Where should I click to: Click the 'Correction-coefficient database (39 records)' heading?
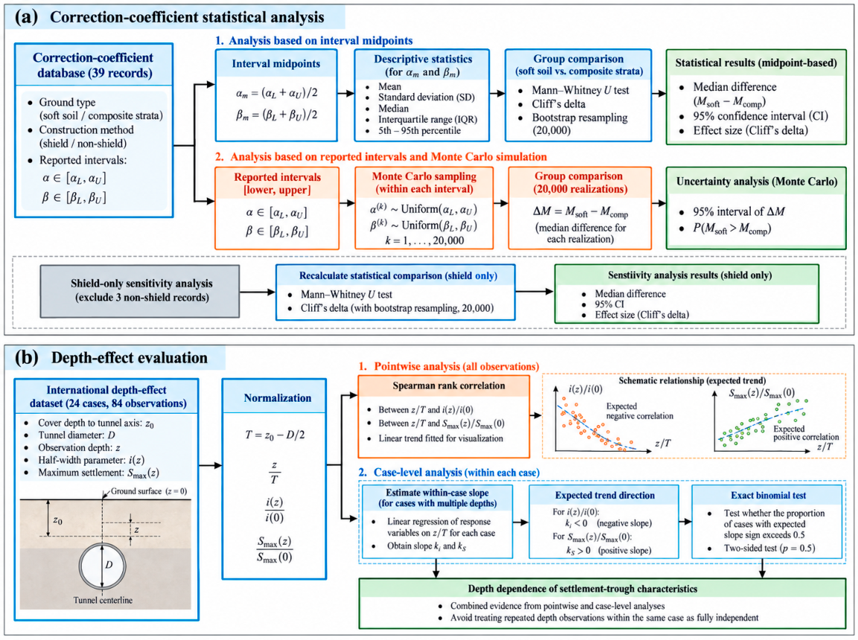(x=93, y=65)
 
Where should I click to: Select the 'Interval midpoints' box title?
(x=276, y=63)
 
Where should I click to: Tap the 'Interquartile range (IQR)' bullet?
(x=428, y=119)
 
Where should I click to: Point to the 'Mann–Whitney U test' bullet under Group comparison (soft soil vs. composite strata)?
(x=580, y=90)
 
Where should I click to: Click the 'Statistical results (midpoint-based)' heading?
(x=756, y=63)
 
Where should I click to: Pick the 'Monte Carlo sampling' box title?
(x=424, y=176)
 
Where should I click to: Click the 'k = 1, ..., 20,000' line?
(x=424, y=240)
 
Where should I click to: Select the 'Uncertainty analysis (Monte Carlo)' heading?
(x=757, y=182)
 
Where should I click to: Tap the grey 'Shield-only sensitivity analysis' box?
(x=139, y=291)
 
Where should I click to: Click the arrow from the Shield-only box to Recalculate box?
(x=257, y=292)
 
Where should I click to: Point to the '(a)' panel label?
(x=26, y=17)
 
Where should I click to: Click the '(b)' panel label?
(x=26, y=357)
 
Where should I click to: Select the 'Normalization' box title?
(x=277, y=398)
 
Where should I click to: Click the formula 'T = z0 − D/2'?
(x=275, y=435)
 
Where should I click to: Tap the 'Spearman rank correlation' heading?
(x=448, y=385)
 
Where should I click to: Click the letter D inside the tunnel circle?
(x=109, y=565)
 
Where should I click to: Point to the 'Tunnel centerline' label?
(x=103, y=600)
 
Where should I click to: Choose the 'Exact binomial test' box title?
(x=769, y=495)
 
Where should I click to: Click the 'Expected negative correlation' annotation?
(x=639, y=411)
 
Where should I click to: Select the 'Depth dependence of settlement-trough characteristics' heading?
(x=582, y=589)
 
